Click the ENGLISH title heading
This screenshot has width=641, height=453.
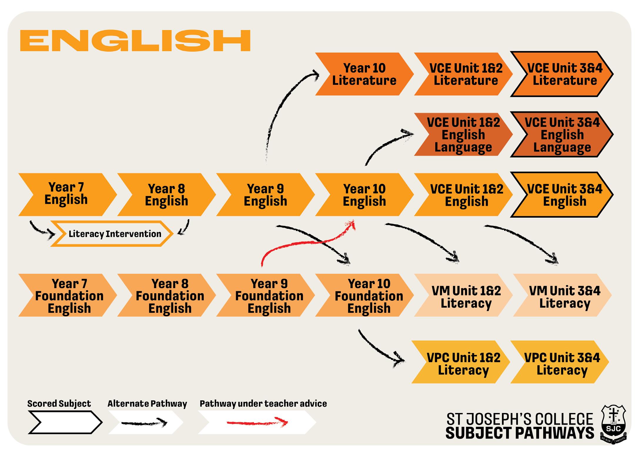[x=135, y=41]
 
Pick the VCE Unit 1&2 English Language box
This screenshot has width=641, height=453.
[x=463, y=135]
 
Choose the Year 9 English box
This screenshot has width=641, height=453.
[x=265, y=194]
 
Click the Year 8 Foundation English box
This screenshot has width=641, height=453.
[x=167, y=295]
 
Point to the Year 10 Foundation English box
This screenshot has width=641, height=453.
[x=364, y=295]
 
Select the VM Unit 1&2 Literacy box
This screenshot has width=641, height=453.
[x=463, y=295]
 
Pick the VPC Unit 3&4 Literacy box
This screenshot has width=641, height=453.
[x=560, y=362]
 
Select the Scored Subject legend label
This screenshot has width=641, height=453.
[x=59, y=404]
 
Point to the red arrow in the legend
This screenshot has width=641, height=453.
[x=257, y=422]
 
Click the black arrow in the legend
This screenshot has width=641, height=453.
[x=144, y=423]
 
